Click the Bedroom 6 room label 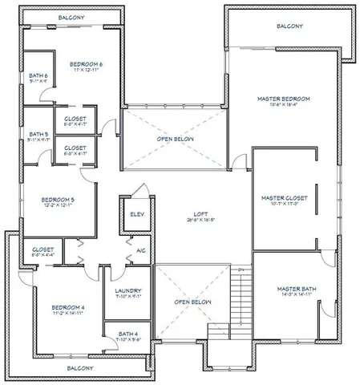pos(86,63)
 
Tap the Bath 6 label pos(36,75)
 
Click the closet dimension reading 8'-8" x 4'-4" pos(43,257)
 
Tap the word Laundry pos(128,290)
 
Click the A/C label pos(141,251)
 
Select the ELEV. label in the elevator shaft pos(136,214)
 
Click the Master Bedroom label pos(283,98)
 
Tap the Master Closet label pos(281,197)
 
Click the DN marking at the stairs pos(240,269)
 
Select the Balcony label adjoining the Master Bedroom pos(289,26)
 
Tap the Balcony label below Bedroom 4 pos(79,368)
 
